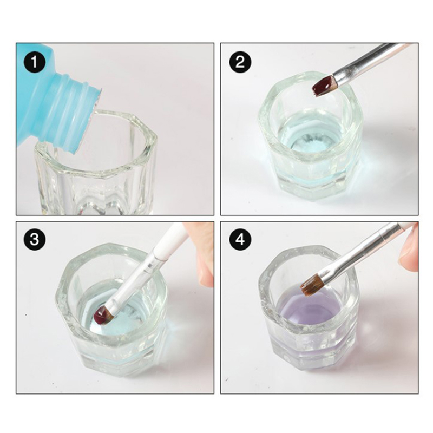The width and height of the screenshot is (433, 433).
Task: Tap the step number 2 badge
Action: click(240, 62)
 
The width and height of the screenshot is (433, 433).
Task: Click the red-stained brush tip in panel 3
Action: click(102, 316)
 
